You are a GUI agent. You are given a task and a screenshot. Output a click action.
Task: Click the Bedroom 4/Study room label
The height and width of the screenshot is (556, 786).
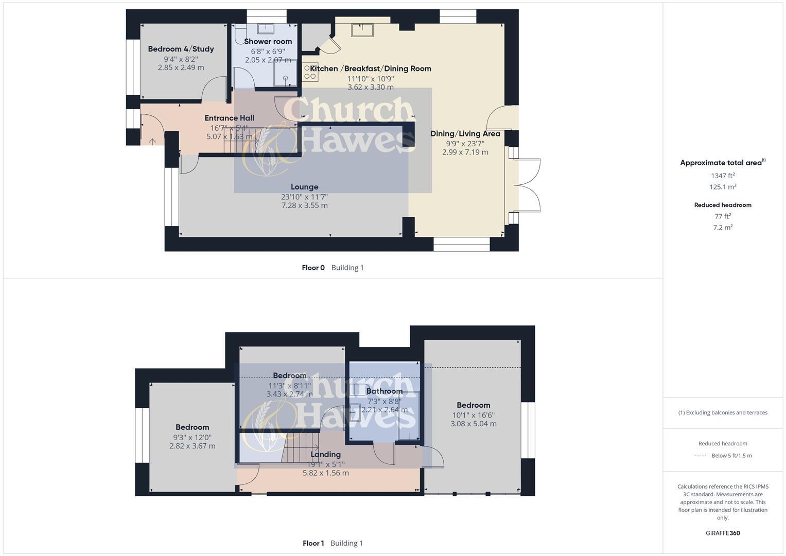[x=181, y=49]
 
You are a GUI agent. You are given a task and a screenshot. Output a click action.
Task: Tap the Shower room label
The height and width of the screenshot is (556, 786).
[x=268, y=41]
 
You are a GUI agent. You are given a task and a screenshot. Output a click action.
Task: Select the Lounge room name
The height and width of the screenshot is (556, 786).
[x=304, y=187]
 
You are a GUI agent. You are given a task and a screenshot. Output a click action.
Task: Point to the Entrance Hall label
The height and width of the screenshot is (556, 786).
[x=229, y=118]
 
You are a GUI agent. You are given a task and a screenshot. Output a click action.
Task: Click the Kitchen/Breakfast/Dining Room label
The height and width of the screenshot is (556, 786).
[x=371, y=68]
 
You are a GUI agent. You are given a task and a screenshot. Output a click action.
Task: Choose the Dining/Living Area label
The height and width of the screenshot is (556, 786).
[x=465, y=133]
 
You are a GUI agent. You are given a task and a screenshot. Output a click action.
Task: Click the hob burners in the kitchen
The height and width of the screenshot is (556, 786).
[x=310, y=72]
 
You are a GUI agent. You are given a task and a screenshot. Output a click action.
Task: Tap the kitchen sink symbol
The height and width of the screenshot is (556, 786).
[x=362, y=29]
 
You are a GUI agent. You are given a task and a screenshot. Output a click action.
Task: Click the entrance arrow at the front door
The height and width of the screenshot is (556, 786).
[x=152, y=141]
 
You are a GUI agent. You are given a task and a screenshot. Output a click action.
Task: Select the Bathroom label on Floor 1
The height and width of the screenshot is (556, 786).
[x=384, y=391]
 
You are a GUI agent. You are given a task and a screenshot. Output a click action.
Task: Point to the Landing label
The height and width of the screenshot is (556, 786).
[x=325, y=455]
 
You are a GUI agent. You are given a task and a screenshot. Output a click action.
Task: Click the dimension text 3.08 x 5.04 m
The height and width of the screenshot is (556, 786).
[x=473, y=424]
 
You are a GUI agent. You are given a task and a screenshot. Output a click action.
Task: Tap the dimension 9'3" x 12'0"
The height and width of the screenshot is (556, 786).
[x=192, y=437]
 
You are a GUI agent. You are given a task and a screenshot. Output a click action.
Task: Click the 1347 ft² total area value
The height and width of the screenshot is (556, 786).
[x=723, y=176]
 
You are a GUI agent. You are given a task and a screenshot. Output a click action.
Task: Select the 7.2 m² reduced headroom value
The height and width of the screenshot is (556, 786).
[x=723, y=228]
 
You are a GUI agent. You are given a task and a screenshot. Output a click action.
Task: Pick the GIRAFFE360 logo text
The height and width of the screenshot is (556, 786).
[x=723, y=533]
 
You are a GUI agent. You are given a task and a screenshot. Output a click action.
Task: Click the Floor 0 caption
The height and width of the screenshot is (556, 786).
[x=313, y=268]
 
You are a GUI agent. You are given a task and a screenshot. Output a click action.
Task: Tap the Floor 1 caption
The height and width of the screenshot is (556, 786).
[x=313, y=543]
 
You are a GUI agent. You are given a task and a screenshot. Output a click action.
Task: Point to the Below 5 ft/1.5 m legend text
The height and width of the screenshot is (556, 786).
[x=731, y=456]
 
